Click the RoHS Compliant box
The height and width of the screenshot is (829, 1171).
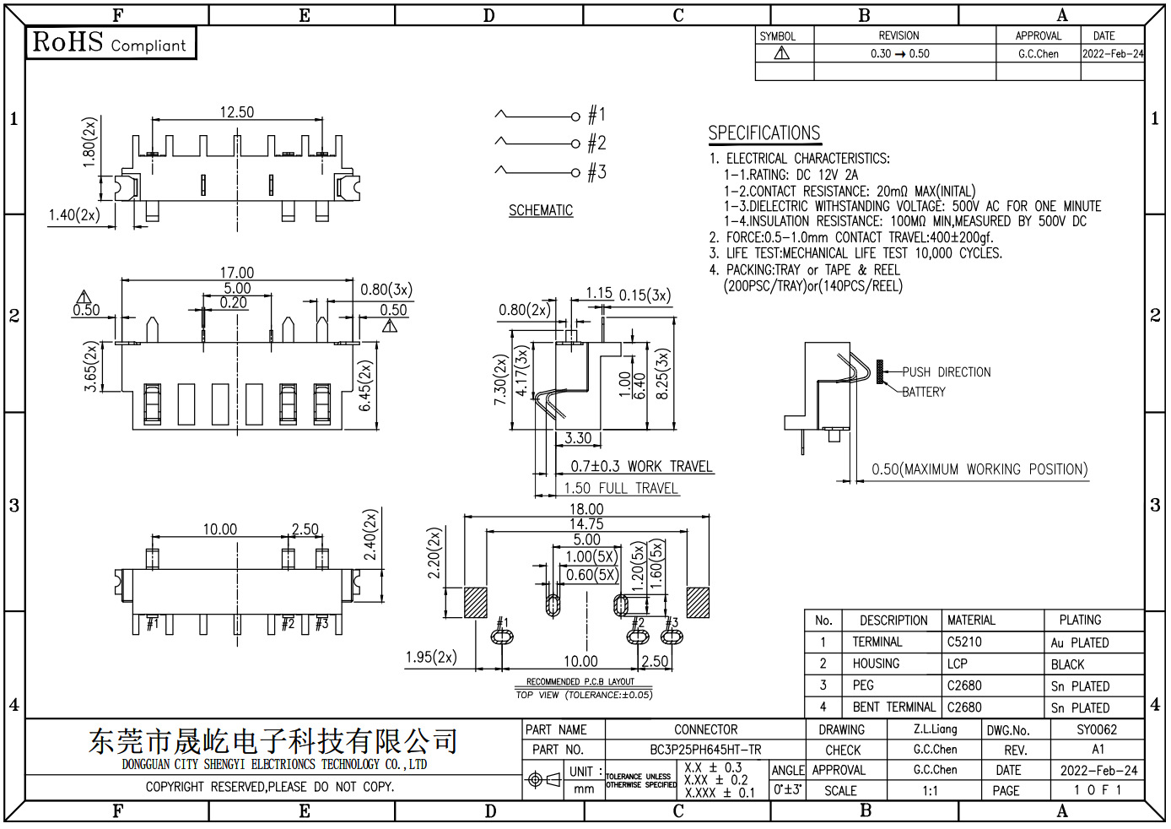coord(111,42)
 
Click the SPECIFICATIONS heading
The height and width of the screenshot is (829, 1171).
coord(764,133)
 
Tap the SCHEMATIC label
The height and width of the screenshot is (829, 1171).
coord(541,210)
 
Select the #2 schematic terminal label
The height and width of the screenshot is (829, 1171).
coord(596,143)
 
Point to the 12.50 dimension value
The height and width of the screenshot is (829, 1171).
coord(237,112)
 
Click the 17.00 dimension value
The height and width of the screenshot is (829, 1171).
coord(237,273)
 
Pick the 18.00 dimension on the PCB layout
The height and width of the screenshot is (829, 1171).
coord(586,509)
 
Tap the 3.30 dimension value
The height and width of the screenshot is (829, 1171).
coord(578,438)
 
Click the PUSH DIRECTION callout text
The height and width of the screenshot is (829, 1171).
coord(947,372)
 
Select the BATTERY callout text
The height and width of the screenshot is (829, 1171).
coord(924,392)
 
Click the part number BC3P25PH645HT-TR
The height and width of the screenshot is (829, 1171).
coord(705,750)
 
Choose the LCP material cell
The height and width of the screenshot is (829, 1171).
coord(958,664)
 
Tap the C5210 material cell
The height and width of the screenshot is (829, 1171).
coord(964,642)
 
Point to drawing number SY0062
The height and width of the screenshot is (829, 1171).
coord(1097,729)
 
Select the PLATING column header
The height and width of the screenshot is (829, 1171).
coord(1080,620)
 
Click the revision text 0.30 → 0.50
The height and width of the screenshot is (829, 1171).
coord(900,53)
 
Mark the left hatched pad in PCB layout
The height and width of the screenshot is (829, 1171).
coord(476,603)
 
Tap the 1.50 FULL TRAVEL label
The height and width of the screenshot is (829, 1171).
coord(621,488)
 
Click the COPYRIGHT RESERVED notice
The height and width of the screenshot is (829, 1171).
coord(270,787)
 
